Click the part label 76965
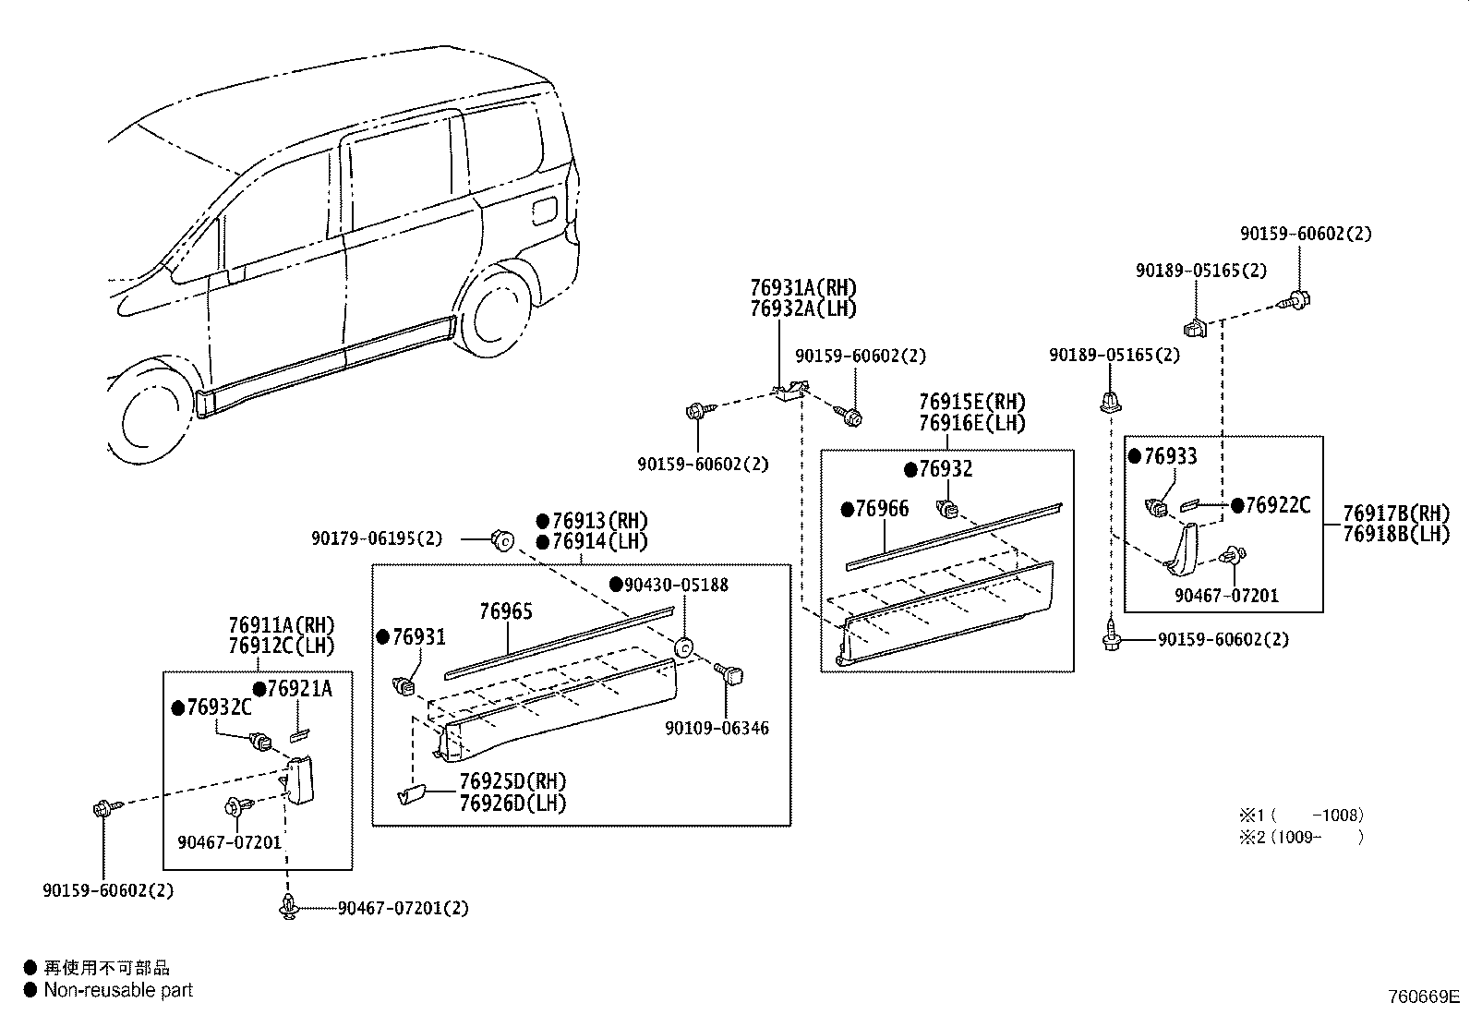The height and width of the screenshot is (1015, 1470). tap(505, 612)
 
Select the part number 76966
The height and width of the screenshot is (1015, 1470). tap(882, 509)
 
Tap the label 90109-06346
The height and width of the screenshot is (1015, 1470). tap(717, 728)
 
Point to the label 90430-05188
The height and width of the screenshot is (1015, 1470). tap(676, 585)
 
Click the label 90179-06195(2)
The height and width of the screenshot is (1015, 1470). tap(377, 539)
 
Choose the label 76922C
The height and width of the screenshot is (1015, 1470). tap(1278, 505)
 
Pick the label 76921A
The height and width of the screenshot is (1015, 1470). tap(300, 688)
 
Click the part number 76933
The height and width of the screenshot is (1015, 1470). tap(1170, 456)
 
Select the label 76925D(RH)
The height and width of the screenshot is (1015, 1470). tap(512, 782)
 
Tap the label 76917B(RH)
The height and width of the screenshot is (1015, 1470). tap(1396, 514)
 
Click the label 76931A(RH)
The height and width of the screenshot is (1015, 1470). tap(803, 287)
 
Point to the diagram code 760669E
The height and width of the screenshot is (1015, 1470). tap(1424, 997)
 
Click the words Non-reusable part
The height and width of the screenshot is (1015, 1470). tap(118, 990)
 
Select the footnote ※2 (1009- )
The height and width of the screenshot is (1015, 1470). tap(1301, 837)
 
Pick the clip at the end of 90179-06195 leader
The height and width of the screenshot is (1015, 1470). tap(502, 541)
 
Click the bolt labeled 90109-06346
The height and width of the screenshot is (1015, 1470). tap(729, 674)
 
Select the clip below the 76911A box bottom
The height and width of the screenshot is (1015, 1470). tap(289, 906)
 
